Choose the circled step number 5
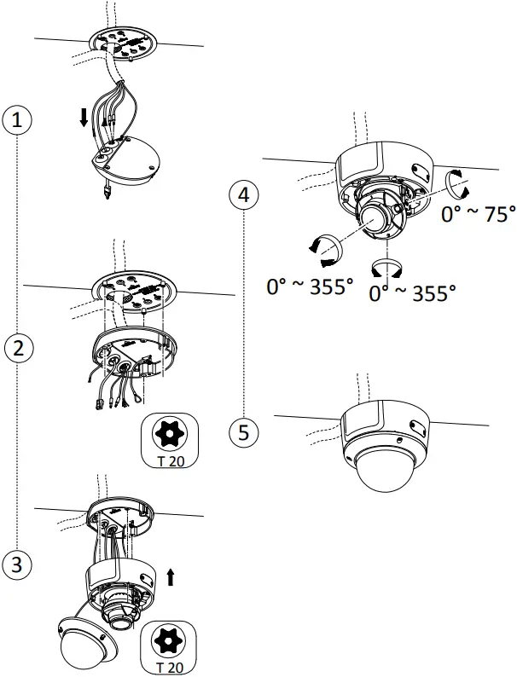[x=245, y=431]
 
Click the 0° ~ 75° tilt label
[x=478, y=215]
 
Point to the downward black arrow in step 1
[x=84, y=118]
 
